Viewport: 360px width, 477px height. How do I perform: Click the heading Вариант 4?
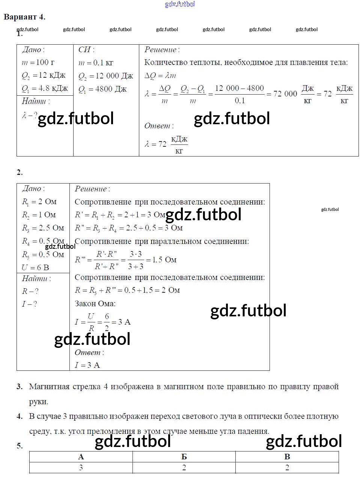[x=24, y=17]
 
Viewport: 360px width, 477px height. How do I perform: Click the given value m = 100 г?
[x=38, y=63]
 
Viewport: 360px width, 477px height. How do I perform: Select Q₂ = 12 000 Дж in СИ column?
[x=105, y=76]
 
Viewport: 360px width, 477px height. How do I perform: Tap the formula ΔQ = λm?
[x=160, y=76]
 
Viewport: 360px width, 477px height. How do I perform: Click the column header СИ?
[x=86, y=50]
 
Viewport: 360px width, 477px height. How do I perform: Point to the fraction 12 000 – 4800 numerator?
[x=239, y=88]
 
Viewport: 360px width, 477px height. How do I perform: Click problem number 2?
[x=20, y=172]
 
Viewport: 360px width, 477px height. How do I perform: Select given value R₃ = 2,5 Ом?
[x=43, y=228]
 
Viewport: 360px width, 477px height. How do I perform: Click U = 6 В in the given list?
[x=35, y=268]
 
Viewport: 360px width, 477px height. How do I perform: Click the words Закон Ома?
[x=95, y=303]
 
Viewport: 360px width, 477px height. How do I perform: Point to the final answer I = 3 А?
[x=87, y=365]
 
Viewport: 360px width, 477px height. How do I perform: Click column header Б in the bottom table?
[x=184, y=457]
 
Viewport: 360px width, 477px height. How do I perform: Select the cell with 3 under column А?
[x=81, y=468]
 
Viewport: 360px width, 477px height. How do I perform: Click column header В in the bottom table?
[x=287, y=457]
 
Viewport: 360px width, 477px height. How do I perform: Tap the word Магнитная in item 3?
[x=49, y=387]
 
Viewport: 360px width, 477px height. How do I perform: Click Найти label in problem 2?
[x=36, y=278]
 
